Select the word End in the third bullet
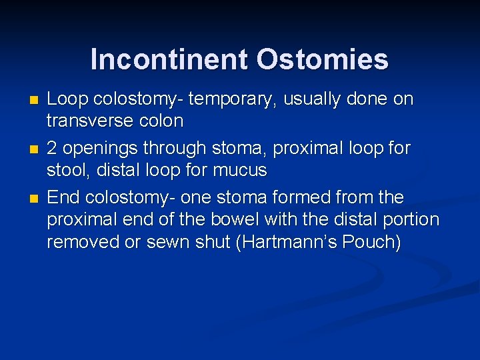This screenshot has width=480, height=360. click(62, 198)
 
